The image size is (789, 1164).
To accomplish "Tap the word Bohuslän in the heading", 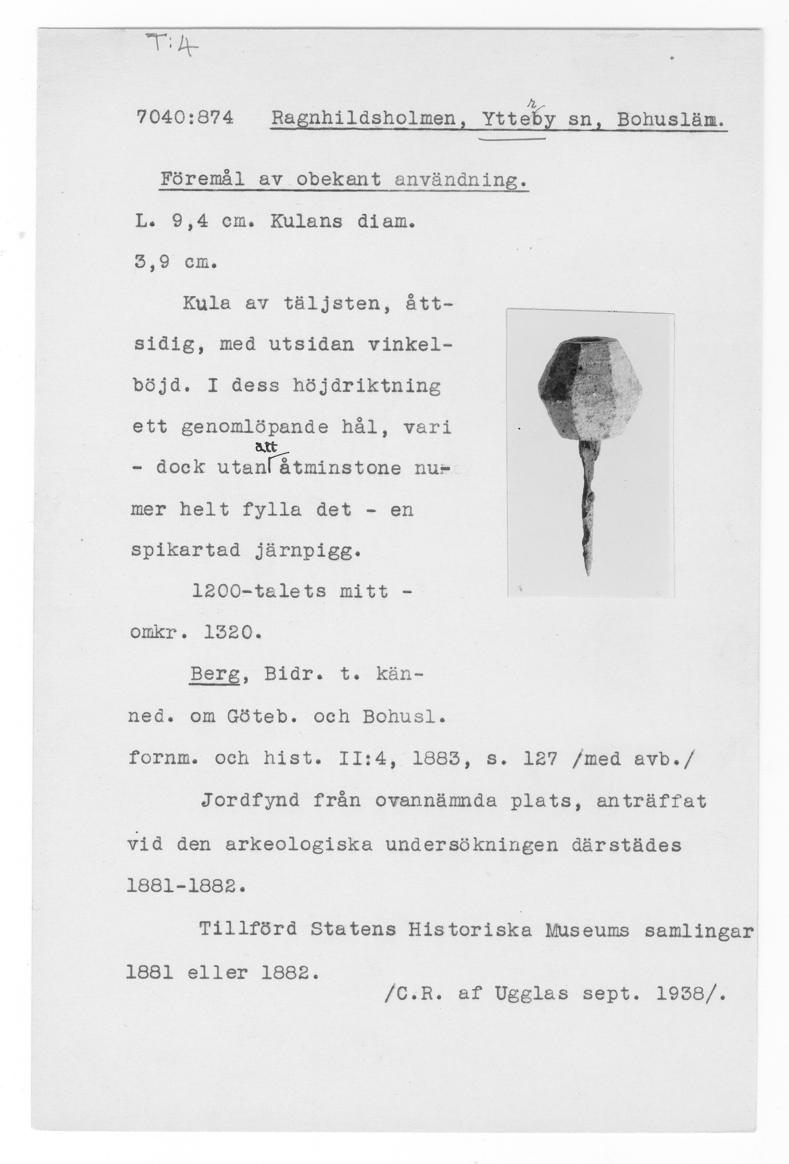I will [670, 119].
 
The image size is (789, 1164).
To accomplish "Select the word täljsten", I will [338, 304].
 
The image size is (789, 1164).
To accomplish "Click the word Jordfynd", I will [250, 801].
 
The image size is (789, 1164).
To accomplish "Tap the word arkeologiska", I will [299, 844].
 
